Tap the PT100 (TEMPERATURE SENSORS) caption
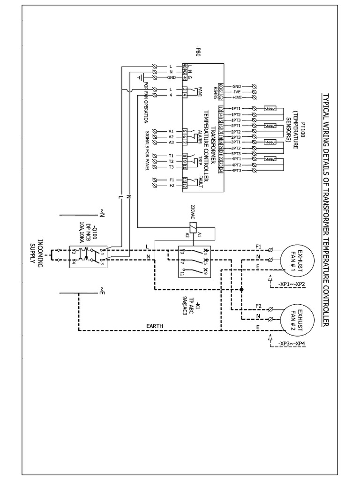click(296, 133)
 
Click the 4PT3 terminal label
click(237, 171)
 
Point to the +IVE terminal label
click(237, 97)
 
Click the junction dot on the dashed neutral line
click(241, 290)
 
